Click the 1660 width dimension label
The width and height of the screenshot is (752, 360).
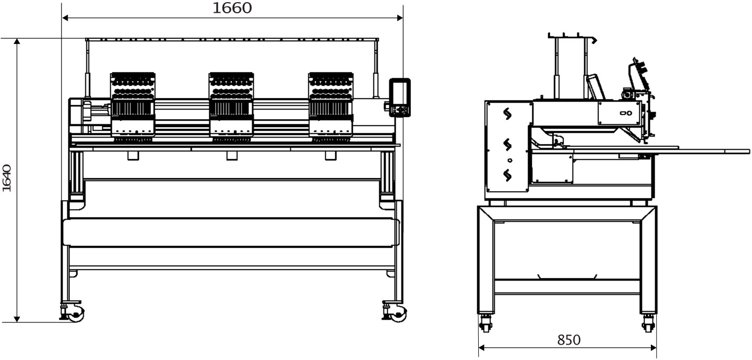232,8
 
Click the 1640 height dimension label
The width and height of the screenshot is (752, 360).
7,178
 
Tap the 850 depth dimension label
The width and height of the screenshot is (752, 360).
569,340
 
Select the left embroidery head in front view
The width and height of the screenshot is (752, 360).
133,107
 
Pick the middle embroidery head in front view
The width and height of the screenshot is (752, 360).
231,107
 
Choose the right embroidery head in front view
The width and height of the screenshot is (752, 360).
331,107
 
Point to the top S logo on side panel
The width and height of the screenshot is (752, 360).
507,114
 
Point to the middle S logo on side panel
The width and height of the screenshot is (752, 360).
507,145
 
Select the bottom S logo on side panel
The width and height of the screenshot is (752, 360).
507,175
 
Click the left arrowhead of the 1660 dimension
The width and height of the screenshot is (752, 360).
65,18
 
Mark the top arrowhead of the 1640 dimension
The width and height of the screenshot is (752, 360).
17,41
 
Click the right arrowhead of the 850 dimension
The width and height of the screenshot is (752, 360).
653,348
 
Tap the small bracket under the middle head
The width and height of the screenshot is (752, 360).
231,156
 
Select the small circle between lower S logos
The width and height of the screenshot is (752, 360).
510,160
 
